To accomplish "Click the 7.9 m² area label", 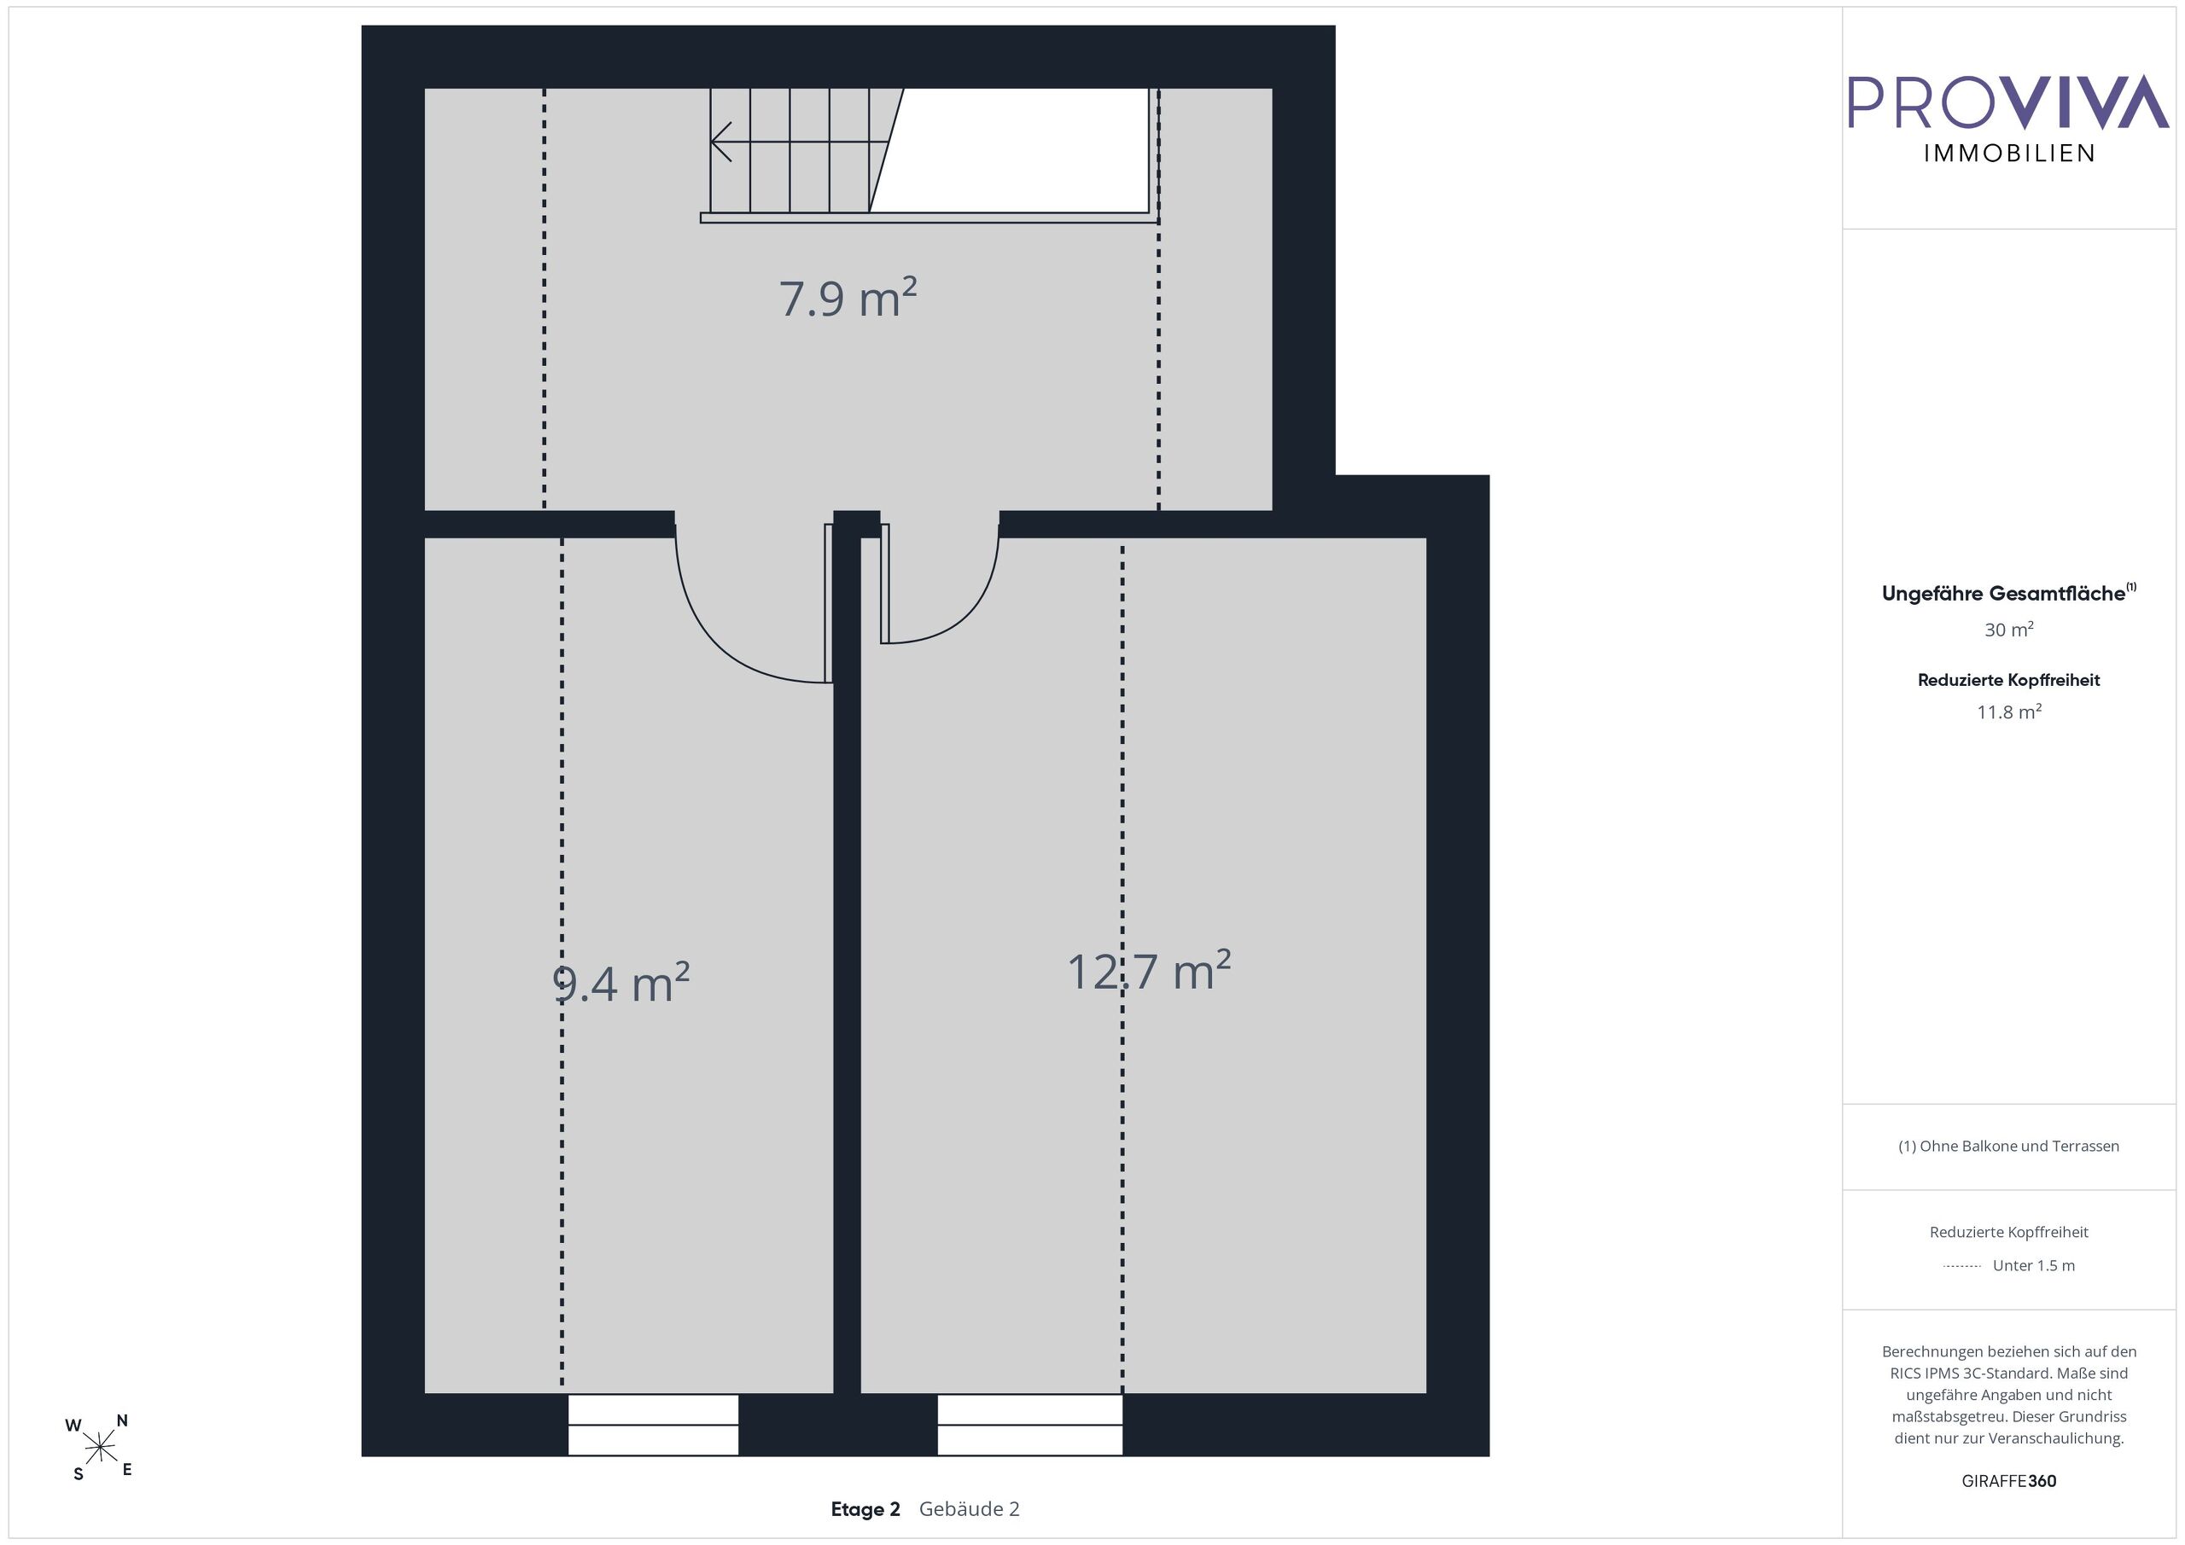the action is pyautogui.click(x=848, y=298).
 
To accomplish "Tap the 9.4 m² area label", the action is pyautogui.click(x=621, y=983).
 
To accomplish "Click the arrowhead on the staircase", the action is pyautogui.click(x=721, y=142).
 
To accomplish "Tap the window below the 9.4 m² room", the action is pyautogui.click(x=653, y=1424).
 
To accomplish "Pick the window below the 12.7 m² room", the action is pyautogui.click(x=1029, y=1424).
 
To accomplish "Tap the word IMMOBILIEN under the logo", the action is pyautogui.click(x=2009, y=154).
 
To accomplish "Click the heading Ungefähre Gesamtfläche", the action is pyautogui.click(x=2009, y=593).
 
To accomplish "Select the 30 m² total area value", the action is pyautogui.click(x=2009, y=629).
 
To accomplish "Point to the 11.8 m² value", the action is pyautogui.click(x=2009, y=712).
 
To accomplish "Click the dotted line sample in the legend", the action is pyautogui.click(x=1961, y=1266).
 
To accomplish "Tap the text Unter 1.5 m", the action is pyautogui.click(x=2034, y=1265).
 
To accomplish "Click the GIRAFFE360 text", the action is pyautogui.click(x=2009, y=1481).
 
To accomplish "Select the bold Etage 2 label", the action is pyautogui.click(x=865, y=1509).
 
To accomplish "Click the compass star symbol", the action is pyautogui.click(x=100, y=1448).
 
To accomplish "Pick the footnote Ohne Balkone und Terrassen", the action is pyautogui.click(x=2009, y=1147).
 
